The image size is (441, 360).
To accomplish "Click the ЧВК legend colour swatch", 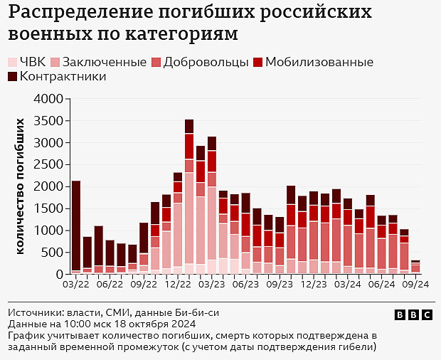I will pyautogui.click(x=13, y=63).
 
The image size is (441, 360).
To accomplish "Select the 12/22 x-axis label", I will pyautogui.click(x=177, y=284).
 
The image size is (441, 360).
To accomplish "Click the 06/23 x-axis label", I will pyautogui.click(x=245, y=284).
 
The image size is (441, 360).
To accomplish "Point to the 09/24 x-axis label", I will pyautogui.click(x=415, y=284).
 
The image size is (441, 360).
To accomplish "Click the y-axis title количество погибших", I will pyautogui.click(x=22, y=186).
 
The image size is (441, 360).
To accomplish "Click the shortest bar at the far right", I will pyautogui.click(x=415, y=267).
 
